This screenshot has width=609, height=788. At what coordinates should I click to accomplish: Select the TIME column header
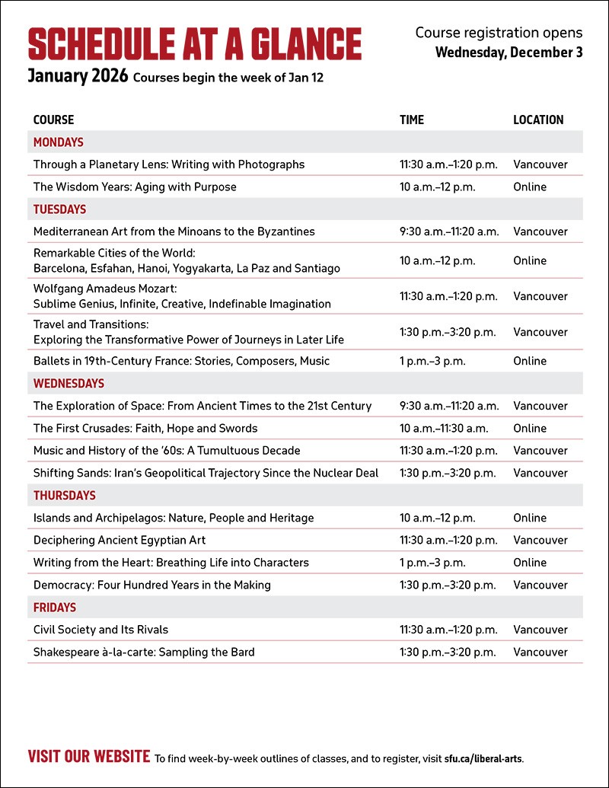click(x=412, y=120)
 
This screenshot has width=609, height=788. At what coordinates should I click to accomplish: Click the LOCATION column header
click(x=538, y=120)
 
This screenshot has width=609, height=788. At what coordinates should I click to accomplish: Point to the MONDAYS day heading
click(x=59, y=142)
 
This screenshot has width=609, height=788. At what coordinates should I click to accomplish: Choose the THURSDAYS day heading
click(x=65, y=496)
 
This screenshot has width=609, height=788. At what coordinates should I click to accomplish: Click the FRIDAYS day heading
click(x=55, y=608)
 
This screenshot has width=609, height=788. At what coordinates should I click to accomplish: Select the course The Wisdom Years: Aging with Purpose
click(x=135, y=187)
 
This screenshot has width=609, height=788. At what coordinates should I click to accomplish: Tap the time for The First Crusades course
click(x=444, y=428)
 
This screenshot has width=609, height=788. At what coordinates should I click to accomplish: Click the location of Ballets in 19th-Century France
click(x=530, y=361)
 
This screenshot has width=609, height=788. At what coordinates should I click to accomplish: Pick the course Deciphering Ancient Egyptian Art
click(x=120, y=541)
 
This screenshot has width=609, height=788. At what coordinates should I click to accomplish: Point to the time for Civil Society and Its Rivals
click(x=448, y=630)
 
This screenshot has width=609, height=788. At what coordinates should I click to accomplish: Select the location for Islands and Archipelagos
click(x=530, y=518)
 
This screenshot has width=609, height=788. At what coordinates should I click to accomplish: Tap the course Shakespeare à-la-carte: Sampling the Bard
click(x=144, y=652)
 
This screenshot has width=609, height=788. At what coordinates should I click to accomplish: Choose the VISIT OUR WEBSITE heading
click(x=89, y=757)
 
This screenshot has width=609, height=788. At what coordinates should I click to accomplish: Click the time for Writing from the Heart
click(x=432, y=563)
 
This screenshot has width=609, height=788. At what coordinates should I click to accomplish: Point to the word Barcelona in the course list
click(x=60, y=268)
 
